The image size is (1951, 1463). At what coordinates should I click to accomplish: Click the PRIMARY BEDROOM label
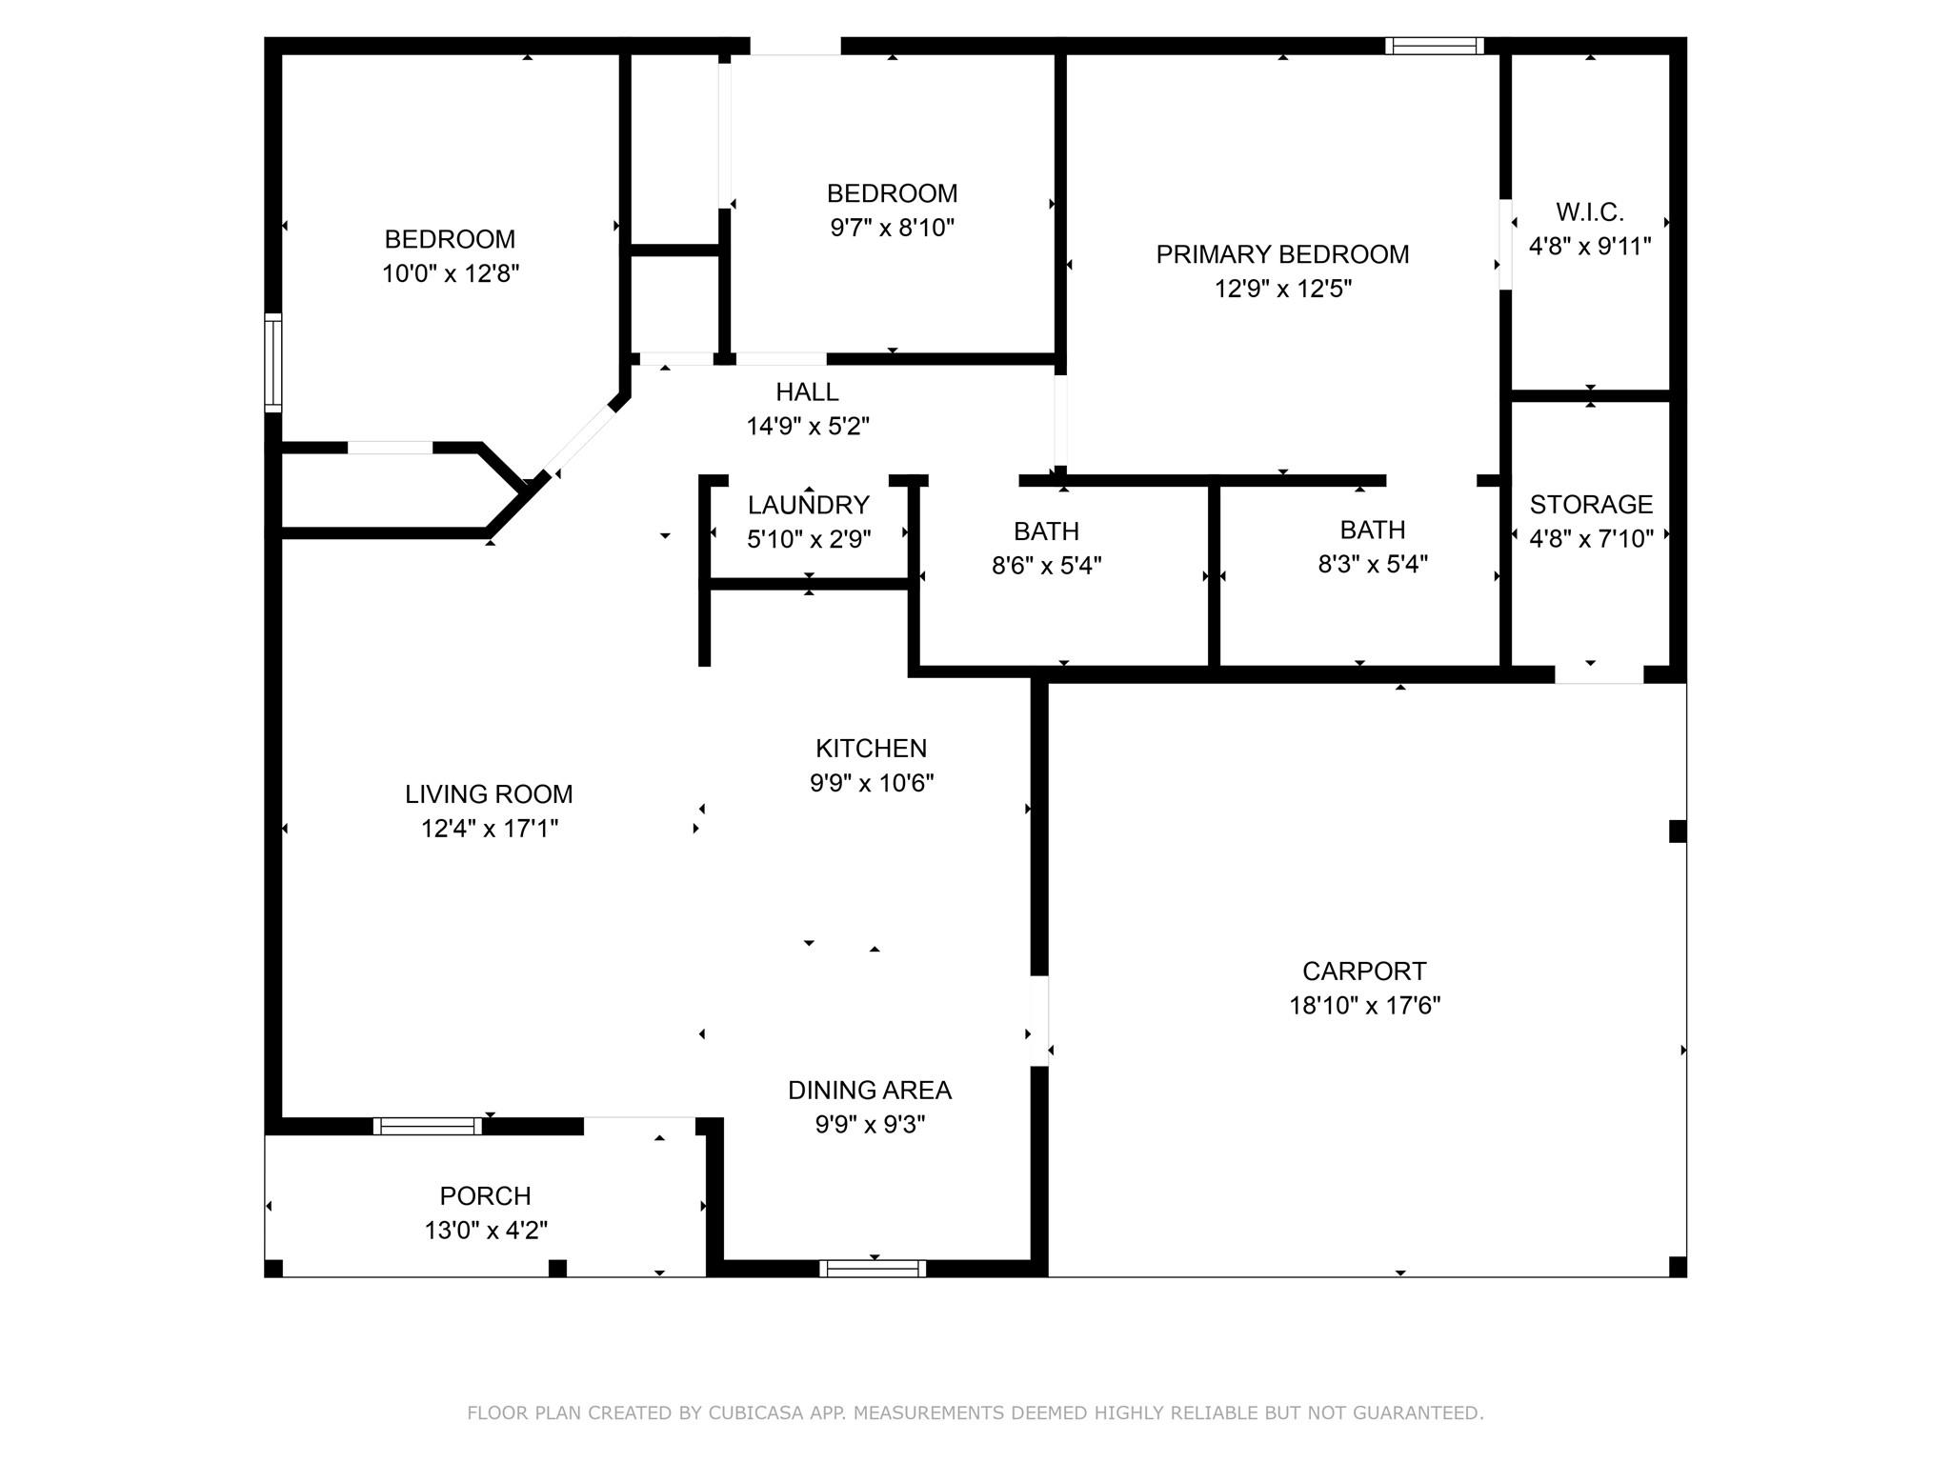1282,254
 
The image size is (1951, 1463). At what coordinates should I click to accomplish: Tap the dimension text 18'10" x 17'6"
1364,1006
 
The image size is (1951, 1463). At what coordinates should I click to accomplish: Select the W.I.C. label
1589,211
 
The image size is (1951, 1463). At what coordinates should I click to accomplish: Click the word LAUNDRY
808,505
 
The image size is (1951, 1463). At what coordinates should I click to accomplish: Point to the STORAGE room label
1590,504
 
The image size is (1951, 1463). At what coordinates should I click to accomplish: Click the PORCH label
485,1195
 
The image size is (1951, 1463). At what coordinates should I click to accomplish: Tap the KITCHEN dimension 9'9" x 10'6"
871,783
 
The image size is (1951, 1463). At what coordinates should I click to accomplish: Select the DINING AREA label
869,1090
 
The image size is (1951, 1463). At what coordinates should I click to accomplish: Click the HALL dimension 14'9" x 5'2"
807,426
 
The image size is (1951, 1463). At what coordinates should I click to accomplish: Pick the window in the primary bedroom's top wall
1435,46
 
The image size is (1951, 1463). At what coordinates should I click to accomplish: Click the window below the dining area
873,1268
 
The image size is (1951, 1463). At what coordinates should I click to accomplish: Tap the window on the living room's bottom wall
427,1126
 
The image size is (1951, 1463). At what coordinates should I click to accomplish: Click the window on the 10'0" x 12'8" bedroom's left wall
273,362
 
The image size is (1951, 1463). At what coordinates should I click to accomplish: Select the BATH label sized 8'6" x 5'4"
1046,531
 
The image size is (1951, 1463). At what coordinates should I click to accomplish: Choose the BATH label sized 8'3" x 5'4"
1372,530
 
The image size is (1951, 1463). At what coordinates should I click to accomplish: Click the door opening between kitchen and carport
1039,1021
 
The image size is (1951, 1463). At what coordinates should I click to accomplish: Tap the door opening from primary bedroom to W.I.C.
1505,244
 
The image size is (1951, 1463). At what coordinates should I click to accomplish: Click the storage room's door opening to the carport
1599,674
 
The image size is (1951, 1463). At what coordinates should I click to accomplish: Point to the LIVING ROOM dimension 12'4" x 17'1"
489,829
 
